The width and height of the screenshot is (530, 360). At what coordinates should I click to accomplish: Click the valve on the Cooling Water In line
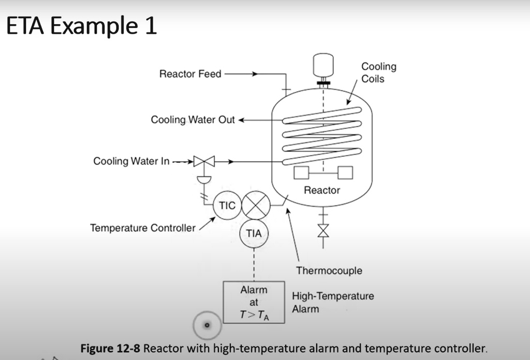pos(204,161)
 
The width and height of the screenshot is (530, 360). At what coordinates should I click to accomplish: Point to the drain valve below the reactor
pos(323,231)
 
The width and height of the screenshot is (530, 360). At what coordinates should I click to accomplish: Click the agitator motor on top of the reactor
pos(323,65)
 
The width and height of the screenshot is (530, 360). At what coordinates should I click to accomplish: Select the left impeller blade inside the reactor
pos(301,173)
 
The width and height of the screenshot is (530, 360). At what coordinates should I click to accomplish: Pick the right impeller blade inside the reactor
pos(345,173)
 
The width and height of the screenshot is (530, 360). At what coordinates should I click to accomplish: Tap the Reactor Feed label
pos(190,73)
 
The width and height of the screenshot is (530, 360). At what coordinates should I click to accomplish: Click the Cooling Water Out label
pos(193,120)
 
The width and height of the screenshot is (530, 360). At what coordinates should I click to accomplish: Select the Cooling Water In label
pos(131,161)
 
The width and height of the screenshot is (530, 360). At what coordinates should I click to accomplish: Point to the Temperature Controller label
pos(143,228)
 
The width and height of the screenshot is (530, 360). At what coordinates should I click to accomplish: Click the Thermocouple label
pos(329,271)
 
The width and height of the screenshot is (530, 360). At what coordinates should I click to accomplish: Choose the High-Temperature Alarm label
pos(333,303)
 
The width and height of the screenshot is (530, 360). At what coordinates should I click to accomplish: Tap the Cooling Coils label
pos(379,72)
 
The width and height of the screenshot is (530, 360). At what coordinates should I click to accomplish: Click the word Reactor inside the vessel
pos(322,190)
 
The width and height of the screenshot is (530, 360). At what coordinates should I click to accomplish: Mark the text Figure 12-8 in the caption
pos(110,348)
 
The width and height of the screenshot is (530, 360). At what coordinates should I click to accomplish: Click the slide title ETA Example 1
pos(81,26)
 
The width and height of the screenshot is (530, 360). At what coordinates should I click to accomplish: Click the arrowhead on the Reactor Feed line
pos(255,73)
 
